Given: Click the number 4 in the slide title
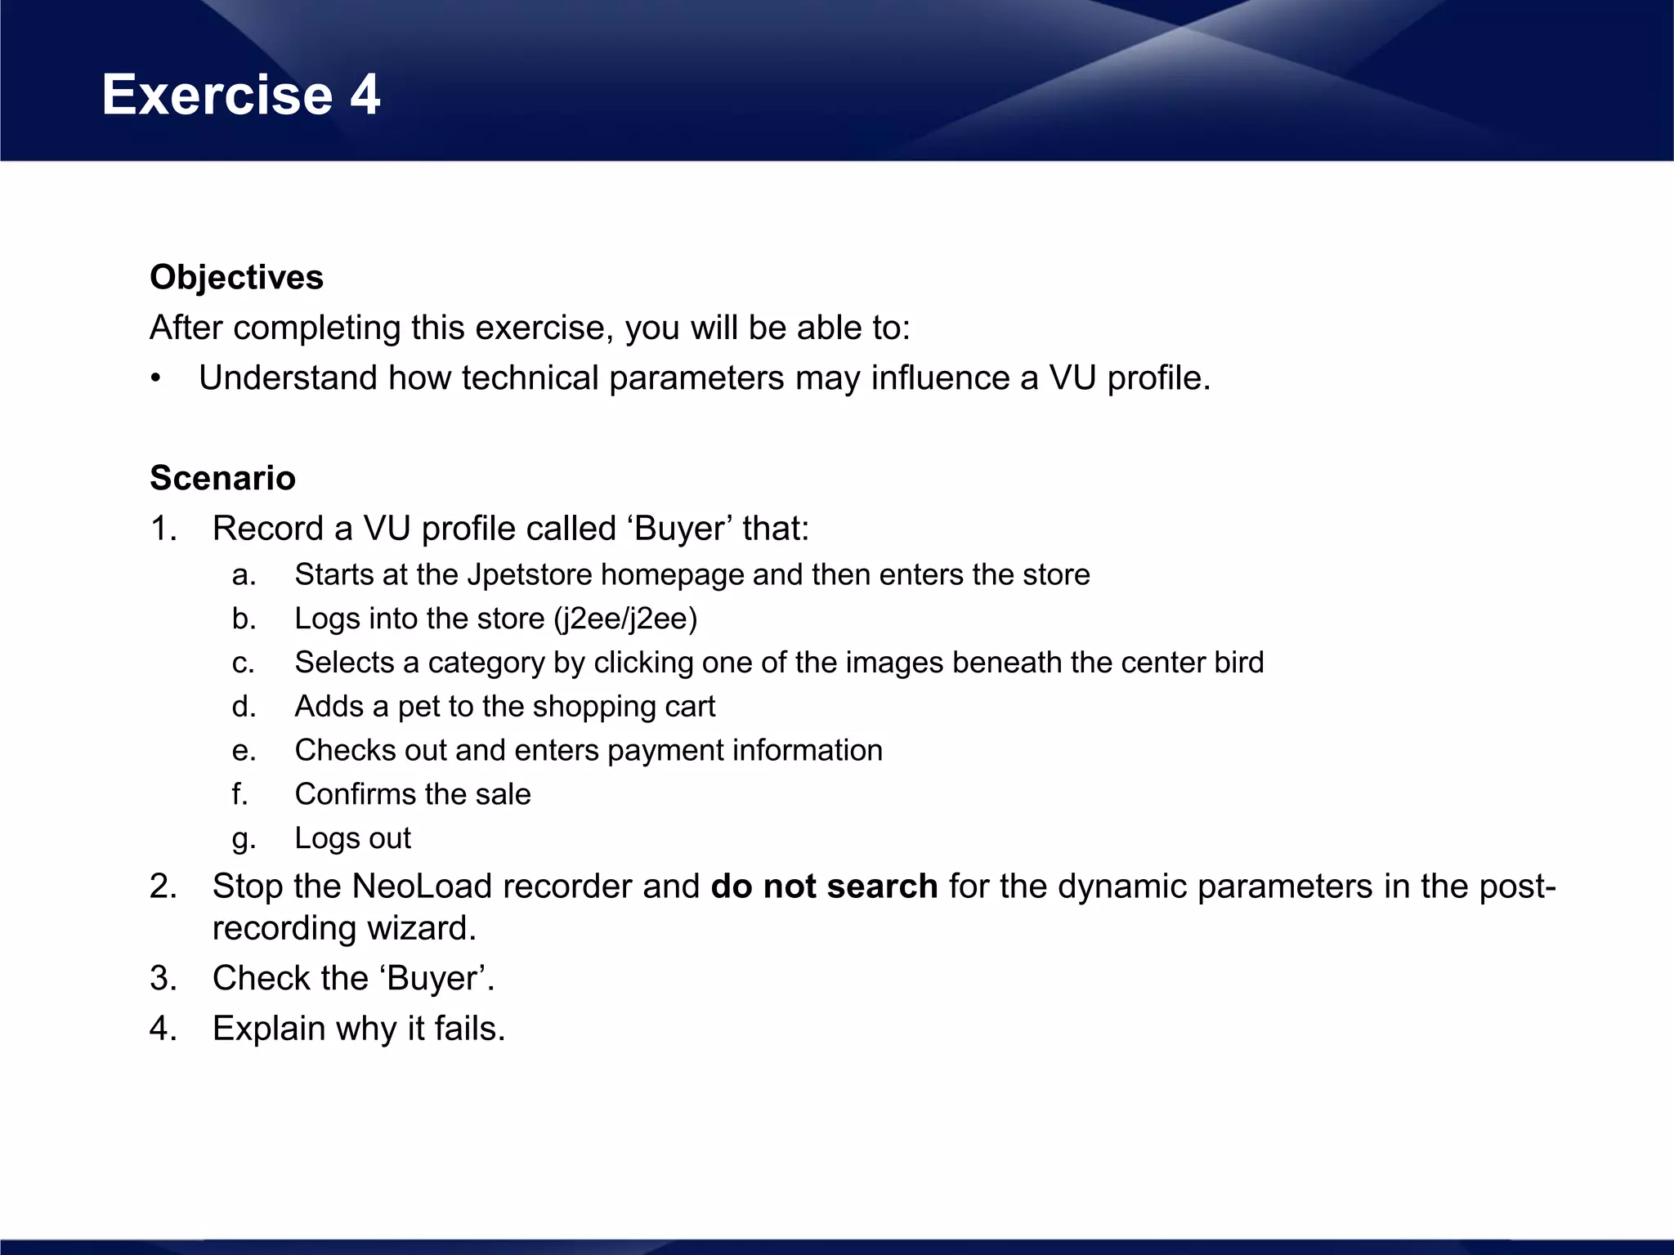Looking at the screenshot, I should [365, 95].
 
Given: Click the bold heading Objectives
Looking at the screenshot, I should [236, 278].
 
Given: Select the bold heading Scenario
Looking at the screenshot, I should [222, 478].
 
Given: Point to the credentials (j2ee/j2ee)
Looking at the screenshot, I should [625, 619].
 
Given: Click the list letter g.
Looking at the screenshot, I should [243, 839].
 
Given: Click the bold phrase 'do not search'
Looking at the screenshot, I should [824, 887].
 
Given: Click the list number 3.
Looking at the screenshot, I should [163, 979].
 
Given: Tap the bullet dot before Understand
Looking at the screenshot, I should [156, 379].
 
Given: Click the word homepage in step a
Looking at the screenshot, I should [672, 574].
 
